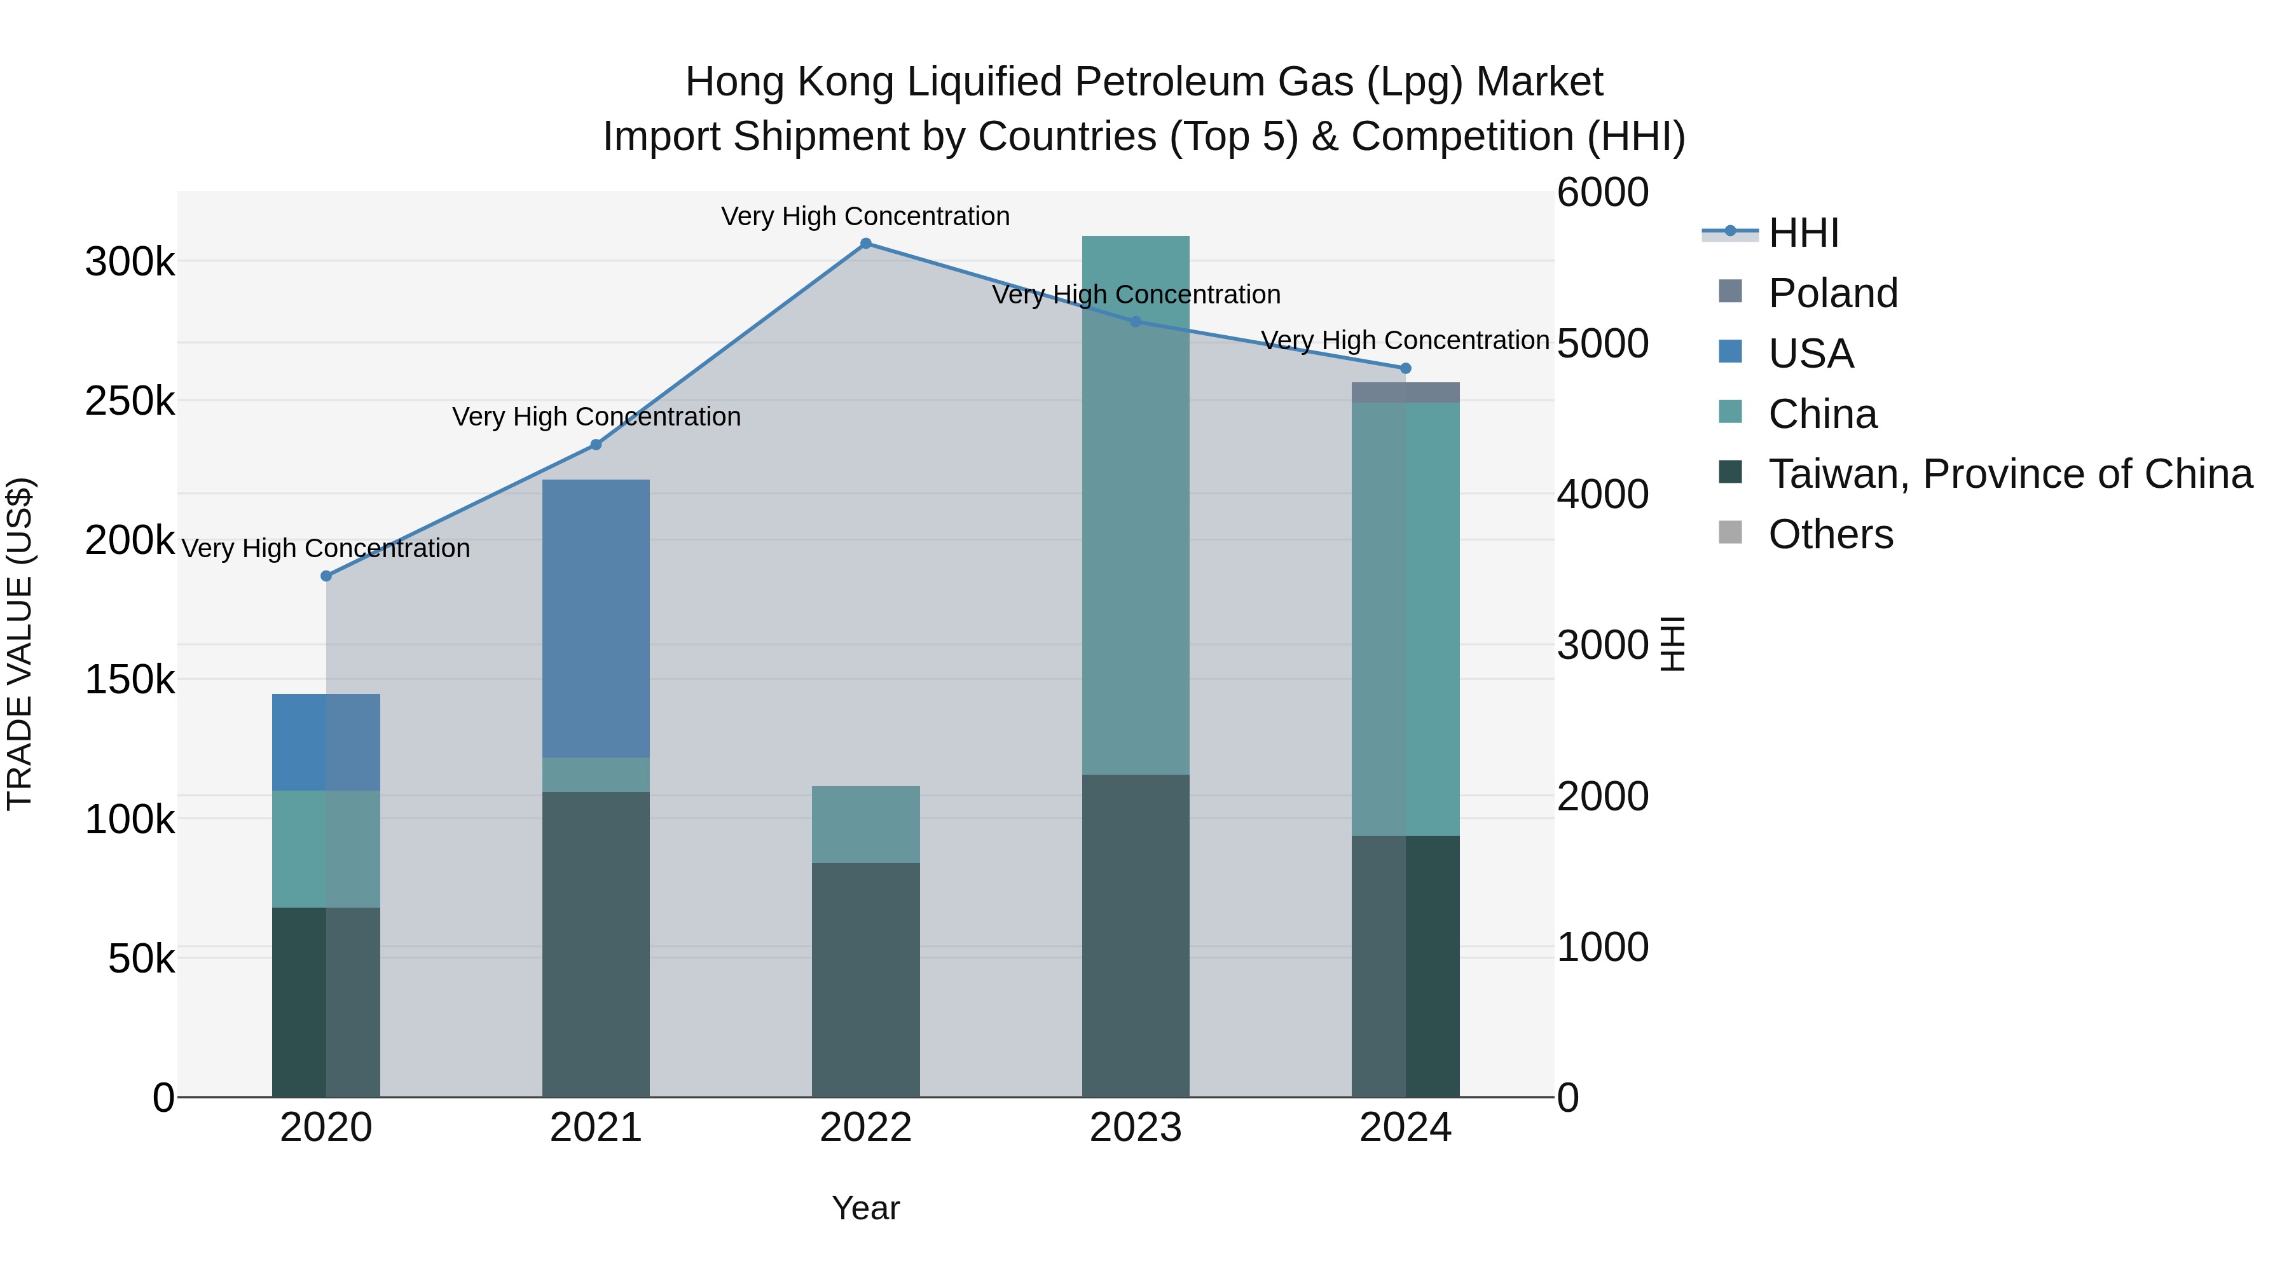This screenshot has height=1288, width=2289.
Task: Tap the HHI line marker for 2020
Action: point(326,576)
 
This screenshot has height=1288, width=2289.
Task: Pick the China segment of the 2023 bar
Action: point(1135,505)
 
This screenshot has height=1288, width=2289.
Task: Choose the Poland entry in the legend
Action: point(1832,293)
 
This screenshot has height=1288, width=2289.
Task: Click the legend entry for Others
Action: point(1831,535)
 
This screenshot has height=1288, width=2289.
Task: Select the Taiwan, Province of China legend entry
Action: point(2010,474)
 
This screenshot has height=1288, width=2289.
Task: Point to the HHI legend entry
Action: point(1803,233)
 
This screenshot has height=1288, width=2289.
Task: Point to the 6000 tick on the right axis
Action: point(1602,192)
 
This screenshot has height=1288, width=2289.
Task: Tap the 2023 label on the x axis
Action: point(1135,1128)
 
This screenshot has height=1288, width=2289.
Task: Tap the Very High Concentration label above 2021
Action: point(596,417)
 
